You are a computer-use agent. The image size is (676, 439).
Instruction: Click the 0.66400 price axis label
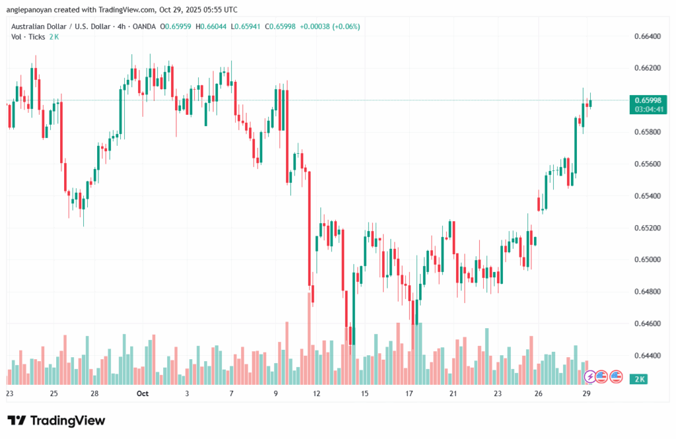pos(647,36)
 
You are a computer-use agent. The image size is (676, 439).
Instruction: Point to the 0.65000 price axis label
pos(647,259)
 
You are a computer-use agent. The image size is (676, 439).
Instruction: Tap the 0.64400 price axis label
pos(647,355)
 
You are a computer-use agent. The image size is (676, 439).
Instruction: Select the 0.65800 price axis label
pos(647,132)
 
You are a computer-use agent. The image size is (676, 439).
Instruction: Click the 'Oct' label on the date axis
pos(143,393)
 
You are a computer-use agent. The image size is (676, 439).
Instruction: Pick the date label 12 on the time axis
pos(317,393)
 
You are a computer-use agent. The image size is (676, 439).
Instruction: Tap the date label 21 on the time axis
pos(454,393)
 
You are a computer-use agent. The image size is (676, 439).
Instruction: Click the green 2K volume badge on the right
pos(639,379)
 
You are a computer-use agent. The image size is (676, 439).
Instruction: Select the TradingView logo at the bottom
pos(56,421)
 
